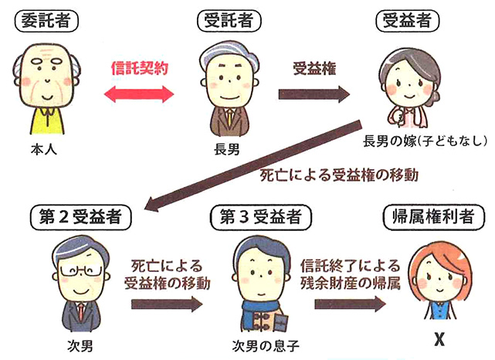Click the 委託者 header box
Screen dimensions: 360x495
48,20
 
